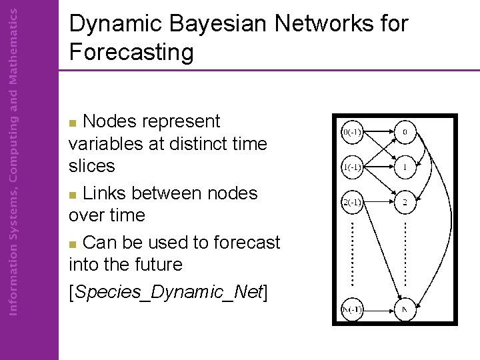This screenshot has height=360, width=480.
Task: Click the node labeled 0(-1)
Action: [x=351, y=132]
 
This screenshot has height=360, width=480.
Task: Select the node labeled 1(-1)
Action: [x=351, y=167]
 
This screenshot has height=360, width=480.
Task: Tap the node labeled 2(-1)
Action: [x=351, y=201]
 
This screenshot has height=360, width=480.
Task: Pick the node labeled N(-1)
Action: [x=351, y=309]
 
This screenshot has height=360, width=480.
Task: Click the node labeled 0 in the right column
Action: [x=404, y=132]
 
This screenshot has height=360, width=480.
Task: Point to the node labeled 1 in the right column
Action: [x=404, y=167]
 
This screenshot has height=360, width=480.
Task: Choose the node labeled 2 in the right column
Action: [x=404, y=201]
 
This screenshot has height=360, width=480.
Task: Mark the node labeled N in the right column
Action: [x=404, y=309]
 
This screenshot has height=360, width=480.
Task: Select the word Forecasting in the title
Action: [x=131, y=51]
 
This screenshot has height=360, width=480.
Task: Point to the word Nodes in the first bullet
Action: [x=111, y=121]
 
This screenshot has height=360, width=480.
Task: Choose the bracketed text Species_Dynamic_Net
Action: [x=168, y=292]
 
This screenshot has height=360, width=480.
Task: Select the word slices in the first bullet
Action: [x=92, y=165]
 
